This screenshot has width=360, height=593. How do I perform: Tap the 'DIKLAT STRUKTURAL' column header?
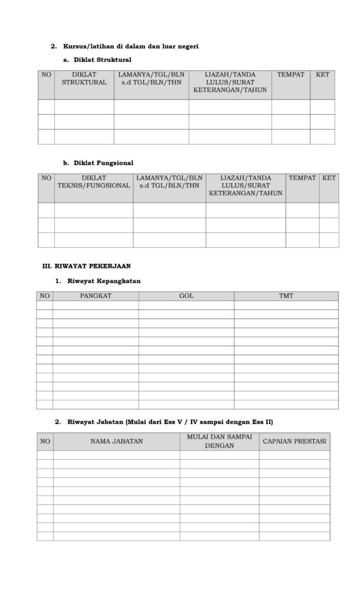(85, 79)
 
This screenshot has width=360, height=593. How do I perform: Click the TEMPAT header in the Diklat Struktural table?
(291, 75)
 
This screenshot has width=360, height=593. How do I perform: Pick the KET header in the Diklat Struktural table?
(322, 75)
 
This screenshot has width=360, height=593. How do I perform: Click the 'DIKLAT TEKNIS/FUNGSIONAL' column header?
(94, 182)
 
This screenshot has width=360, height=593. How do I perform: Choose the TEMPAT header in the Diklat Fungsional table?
(302, 178)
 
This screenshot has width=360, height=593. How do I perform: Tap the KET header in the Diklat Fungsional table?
(329, 178)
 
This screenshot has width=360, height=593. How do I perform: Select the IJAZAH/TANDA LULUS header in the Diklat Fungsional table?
(245, 185)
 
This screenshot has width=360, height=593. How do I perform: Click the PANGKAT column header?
(95, 296)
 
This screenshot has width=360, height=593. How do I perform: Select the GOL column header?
(186, 296)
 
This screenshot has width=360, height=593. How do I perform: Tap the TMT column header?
(286, 296)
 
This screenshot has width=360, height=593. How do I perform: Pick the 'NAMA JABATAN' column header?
(116, 441)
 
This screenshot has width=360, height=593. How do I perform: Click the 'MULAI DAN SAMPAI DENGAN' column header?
(219, 441)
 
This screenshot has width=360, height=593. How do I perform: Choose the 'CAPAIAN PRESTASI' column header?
(295, 441)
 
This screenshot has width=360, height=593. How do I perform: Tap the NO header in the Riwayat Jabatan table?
(45, 441)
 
